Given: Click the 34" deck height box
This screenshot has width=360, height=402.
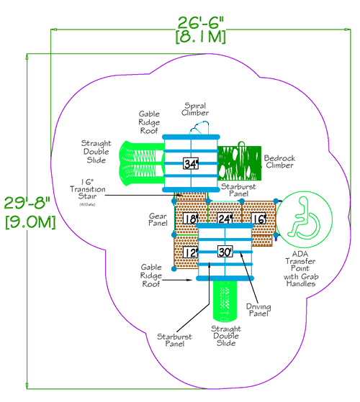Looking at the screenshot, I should coord(190,163).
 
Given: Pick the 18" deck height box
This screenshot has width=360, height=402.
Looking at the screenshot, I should coord(190,219).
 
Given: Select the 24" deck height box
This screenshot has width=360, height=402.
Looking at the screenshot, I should coord(225,219).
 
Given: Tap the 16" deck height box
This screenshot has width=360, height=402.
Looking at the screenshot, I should coord(259,219).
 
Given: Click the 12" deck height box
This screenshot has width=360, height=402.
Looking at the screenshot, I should coord(190,252).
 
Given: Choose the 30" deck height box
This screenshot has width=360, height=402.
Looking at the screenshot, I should coord(225,252).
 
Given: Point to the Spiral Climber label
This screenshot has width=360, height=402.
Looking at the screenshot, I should coord(196,109).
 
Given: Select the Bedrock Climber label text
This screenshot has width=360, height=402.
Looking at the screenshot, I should coord(278,161).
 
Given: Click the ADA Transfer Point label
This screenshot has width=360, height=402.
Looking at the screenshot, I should coord(301,273).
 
